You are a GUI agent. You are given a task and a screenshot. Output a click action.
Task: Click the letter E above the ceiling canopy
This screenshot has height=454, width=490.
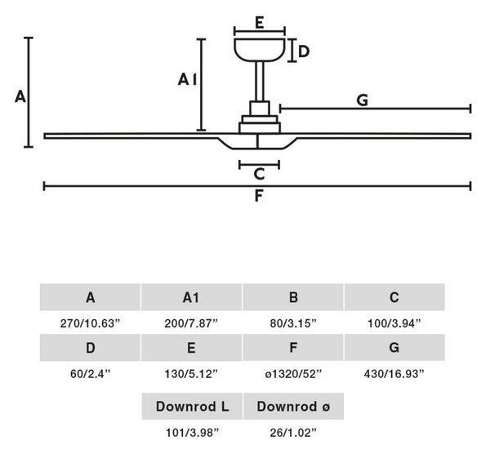[x=260, y=23]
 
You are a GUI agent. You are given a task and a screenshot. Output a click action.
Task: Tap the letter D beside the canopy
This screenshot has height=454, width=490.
[x=304, y=51]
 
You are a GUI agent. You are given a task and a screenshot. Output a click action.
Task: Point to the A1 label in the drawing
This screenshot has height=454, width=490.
[x=187, y=79]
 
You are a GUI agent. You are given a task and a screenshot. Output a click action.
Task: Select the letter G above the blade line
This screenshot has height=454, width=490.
[x=362, y=100]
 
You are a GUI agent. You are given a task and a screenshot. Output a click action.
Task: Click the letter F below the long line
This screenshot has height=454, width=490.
[x=259, y=196]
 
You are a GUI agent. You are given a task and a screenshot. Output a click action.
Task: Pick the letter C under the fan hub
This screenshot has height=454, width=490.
[x=259, y=174]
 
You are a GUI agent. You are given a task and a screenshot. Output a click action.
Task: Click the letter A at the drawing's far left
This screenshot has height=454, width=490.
[x=20, y=96]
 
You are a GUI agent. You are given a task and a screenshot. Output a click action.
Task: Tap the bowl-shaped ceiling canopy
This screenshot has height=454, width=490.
[x=260, y=50]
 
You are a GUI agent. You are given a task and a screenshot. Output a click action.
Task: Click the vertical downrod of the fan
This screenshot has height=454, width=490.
[x=260, y=82]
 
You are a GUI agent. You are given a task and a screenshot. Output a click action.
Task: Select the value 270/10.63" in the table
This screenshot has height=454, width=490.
[x=90, y=323]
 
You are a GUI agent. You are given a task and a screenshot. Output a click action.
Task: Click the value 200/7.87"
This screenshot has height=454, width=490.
[x=191, y=323]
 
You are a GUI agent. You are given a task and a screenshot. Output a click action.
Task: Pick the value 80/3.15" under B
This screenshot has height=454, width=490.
[x=293, y=323]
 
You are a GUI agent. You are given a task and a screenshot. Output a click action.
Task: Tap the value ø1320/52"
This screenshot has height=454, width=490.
[x=293, y=374]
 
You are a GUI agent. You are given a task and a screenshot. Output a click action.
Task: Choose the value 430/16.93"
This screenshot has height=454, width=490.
[x=394, y=374]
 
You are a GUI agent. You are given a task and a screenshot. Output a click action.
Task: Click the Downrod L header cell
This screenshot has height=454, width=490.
[x=192, y=406]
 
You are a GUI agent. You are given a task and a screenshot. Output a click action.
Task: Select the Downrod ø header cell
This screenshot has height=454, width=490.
[x=293, y=406]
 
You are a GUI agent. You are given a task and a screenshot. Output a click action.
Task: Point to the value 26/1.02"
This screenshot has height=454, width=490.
[x=293, y=433]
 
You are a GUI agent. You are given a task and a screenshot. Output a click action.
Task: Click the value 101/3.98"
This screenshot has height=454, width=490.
[x=192, y=433]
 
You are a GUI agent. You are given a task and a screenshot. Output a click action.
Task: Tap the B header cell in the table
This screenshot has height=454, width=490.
[x=293, y=297]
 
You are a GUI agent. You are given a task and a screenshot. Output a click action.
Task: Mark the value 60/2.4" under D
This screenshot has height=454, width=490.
[x=91, y=374]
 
